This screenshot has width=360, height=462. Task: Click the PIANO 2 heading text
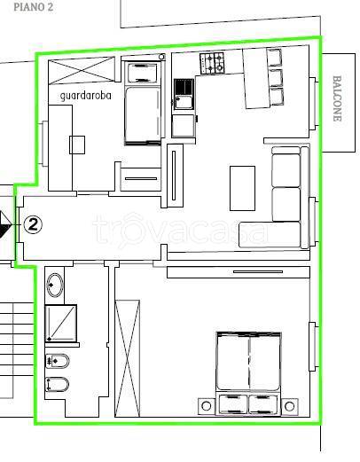(34, 7)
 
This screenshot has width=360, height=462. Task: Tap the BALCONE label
(337, 98)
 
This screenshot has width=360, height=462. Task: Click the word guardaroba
(86, 96)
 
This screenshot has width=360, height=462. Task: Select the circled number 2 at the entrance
(33, 225)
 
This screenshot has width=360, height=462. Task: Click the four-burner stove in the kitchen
(212, 63)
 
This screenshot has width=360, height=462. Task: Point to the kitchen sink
(184, 94)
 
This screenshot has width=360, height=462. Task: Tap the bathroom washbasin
(55, 286)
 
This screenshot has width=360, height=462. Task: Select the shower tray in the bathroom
(61, 324)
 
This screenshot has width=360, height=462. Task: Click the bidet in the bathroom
(58, 361)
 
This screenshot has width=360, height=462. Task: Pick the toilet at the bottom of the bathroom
(58, 384)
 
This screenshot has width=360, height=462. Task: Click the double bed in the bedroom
(248, 373)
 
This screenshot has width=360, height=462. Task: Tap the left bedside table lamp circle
(207, 406)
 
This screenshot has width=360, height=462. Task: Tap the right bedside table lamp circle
(289, 406)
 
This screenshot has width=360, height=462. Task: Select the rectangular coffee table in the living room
(242, 188)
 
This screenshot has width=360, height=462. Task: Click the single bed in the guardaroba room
(143, 103)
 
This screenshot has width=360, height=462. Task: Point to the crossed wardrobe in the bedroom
(127, 358)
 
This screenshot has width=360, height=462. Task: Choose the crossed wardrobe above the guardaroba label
(82, 70)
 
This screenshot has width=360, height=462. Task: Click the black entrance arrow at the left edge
(5, 224)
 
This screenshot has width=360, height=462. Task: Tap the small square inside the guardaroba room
(77, 145)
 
